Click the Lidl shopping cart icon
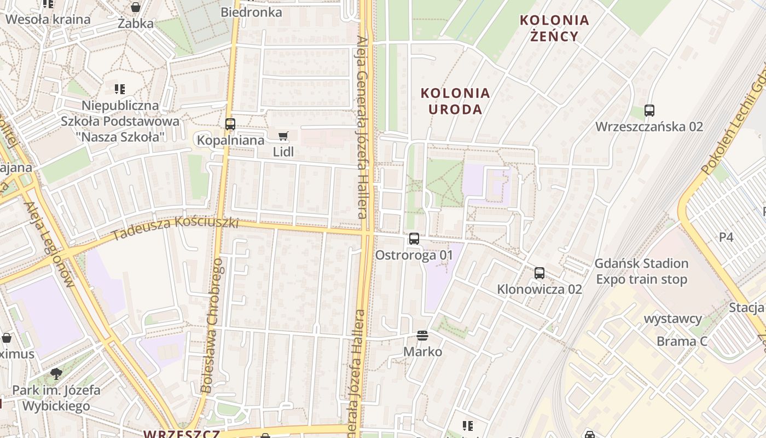click(283, 136)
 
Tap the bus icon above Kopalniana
click(230, 124)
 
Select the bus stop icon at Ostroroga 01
click(414, 239)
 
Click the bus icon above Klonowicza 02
click(539, 273)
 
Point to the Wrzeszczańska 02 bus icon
click(649, 111)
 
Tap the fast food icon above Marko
click(422, 335)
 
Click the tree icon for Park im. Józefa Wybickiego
click(56, 374)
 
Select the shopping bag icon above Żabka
click(136, 8)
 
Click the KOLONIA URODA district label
click(455, 101)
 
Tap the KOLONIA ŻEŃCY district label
click(554, 28)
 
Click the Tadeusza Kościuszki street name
click(176, 228)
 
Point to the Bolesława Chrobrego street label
click(212, 326)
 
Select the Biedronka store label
click(251, 12)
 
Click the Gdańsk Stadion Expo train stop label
click(641, 272)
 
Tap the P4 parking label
click(726, 237)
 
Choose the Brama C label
click(682, 342)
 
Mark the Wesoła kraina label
click(48, 20)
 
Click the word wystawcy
click(673, 319)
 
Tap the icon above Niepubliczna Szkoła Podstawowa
click(120, 89)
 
